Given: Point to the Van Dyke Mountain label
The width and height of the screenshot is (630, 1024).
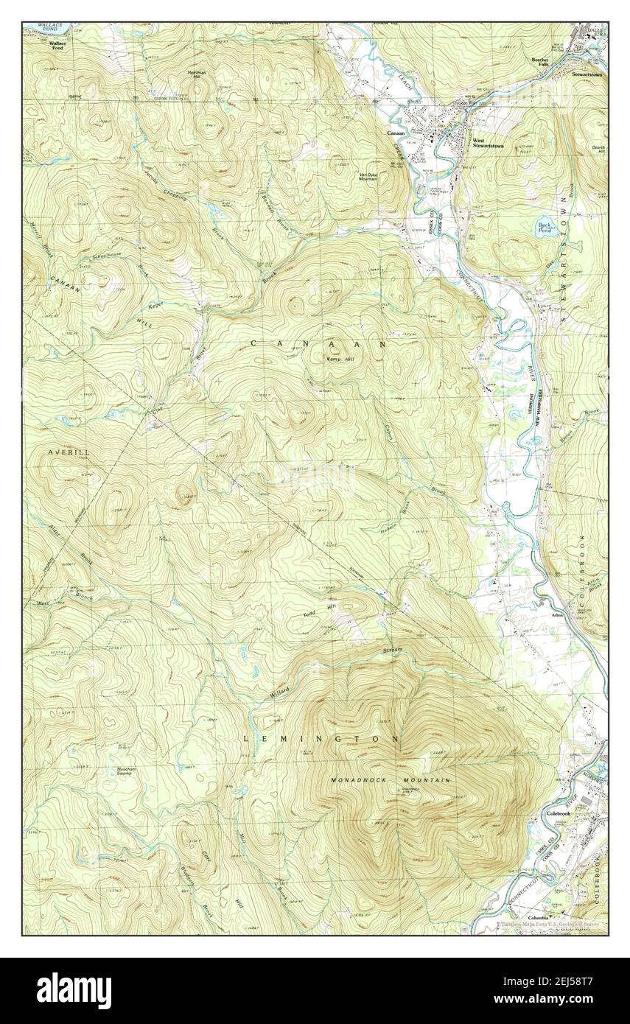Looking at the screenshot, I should click(368, 176).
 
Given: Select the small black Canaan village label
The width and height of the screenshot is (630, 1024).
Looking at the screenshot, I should click(398, 133).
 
